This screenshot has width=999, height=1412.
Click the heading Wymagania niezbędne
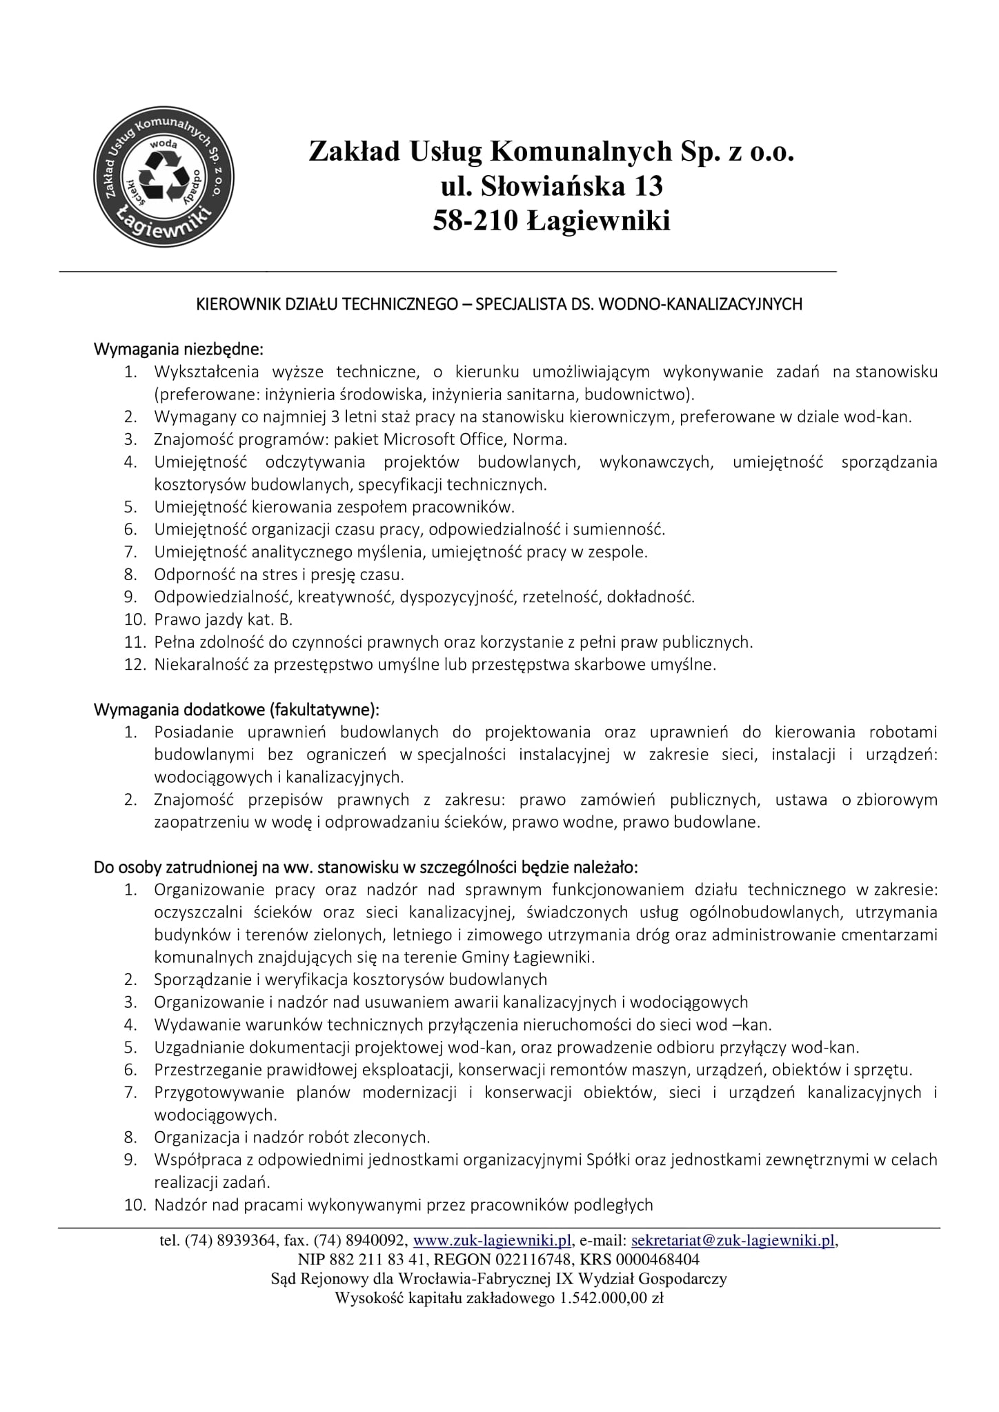tap(179, 348)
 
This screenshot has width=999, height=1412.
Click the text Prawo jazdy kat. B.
tap(224, 619)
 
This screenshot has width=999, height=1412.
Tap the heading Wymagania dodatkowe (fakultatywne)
tap(237, 709)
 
